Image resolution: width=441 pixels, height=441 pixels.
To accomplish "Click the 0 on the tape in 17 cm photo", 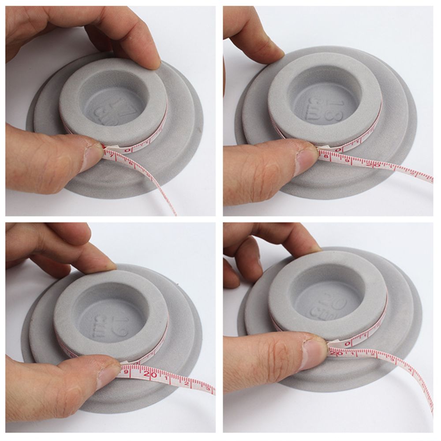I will click(x=128, y=150).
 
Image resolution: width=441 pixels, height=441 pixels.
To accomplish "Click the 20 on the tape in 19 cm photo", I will click(x=150, y=374).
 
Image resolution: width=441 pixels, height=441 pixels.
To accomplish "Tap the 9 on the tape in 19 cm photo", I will click(x=127, y=371).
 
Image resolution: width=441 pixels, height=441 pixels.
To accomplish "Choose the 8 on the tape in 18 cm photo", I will click(x=326, y=155).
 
